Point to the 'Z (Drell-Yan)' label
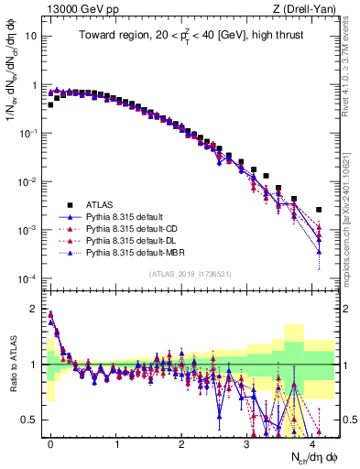point(309,8)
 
